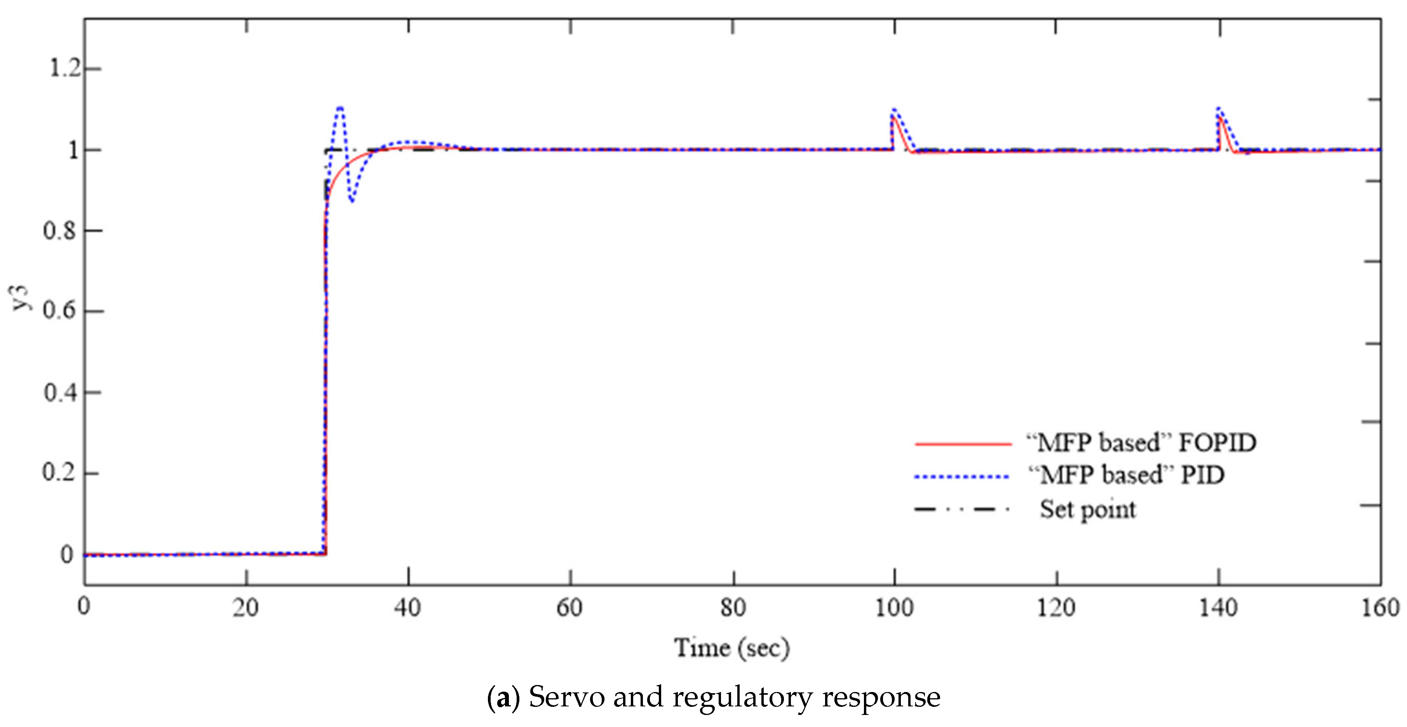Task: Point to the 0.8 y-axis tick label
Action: [x=59, y=230]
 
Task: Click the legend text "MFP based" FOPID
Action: [x=1142, y=443]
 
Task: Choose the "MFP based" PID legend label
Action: [x=1126, y=476]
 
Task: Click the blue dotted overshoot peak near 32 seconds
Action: [x=340, y=108]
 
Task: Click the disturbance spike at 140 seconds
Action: [x=1219, y=109]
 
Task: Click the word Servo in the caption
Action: [x=566, y=697]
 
